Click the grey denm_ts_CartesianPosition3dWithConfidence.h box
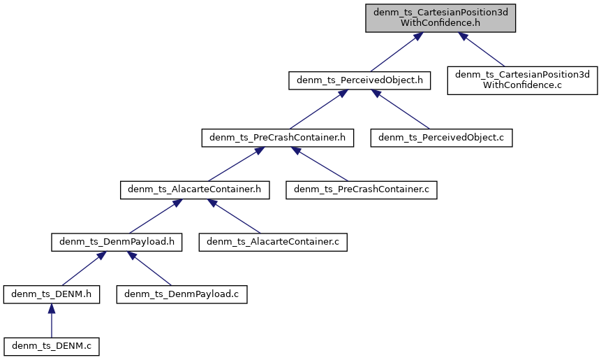[x=440, y=17]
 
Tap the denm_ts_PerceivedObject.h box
[x=359, y=80]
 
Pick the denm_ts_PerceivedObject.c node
[x=441, y=138]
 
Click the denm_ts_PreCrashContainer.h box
[x=277, y=138]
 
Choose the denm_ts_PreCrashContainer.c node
[x=361, y=189]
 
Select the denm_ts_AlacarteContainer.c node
[x=273, y=242]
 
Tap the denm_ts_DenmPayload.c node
[x=181, y=294]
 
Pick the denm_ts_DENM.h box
[x=51, y=294]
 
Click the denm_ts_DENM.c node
[x=51, y=345]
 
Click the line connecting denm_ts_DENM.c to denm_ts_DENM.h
[x=51, y=322]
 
